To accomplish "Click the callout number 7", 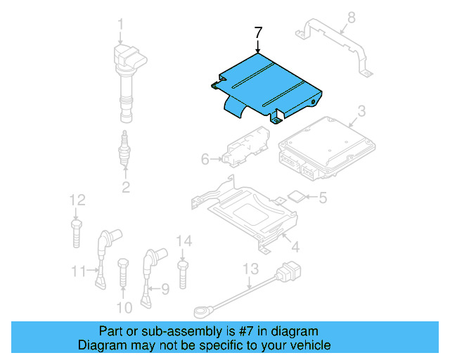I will (258, 32).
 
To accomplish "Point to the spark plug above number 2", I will (124, 148).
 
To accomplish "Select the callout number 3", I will (361, 111).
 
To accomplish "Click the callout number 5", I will (322, 198).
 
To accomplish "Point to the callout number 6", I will (205, 160).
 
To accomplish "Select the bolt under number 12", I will (76, 231).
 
